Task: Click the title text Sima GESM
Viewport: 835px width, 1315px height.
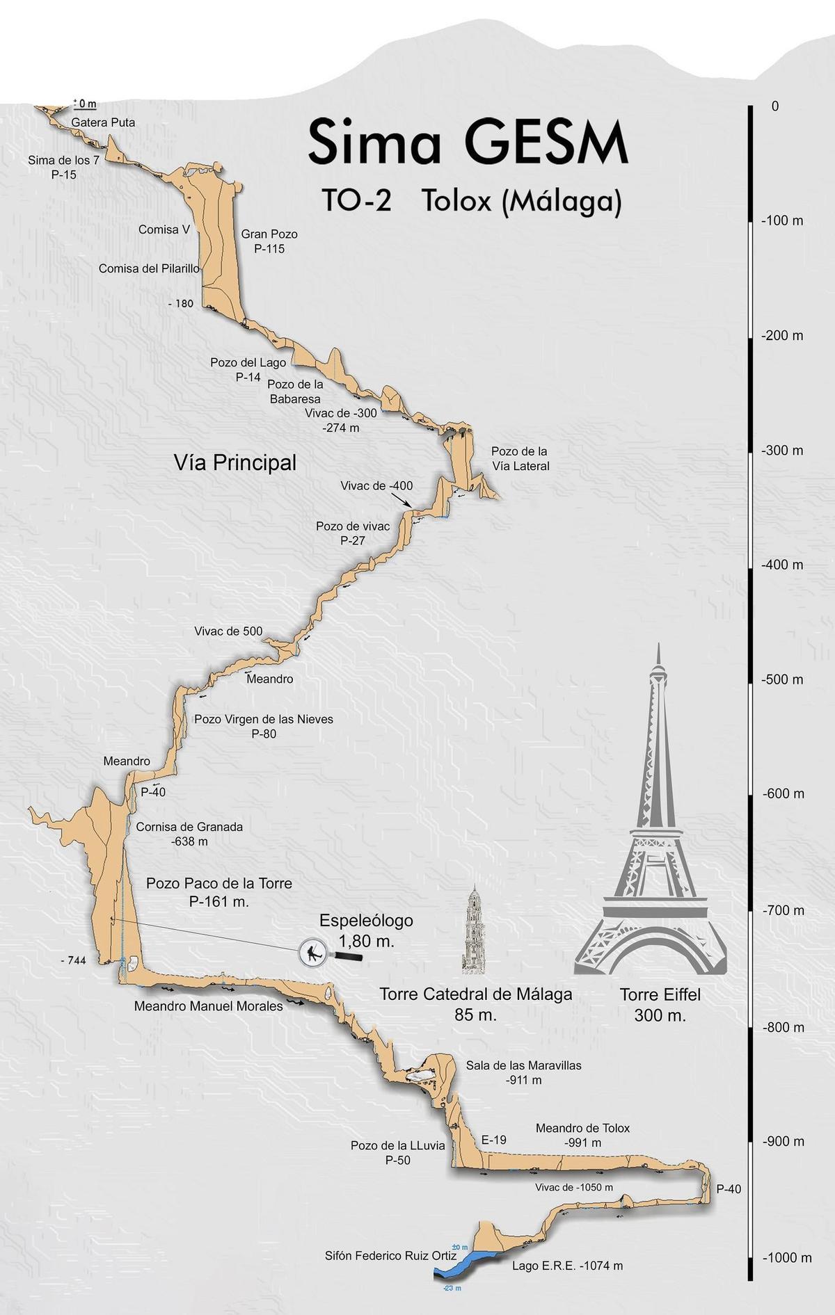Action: click(468, 143)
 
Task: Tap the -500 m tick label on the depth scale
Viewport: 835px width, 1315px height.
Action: click(783, 679)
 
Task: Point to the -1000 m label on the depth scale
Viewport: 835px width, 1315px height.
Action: click(786, 1257)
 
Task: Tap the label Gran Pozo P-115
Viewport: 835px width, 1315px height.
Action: click(269, 241)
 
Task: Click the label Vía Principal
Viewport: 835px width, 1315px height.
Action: click(235, 462)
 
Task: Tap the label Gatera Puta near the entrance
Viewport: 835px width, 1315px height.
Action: click(103, 122)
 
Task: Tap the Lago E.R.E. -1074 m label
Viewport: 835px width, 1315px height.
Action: click(567, 1266)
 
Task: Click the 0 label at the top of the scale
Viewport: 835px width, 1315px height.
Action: click(775, 106)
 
